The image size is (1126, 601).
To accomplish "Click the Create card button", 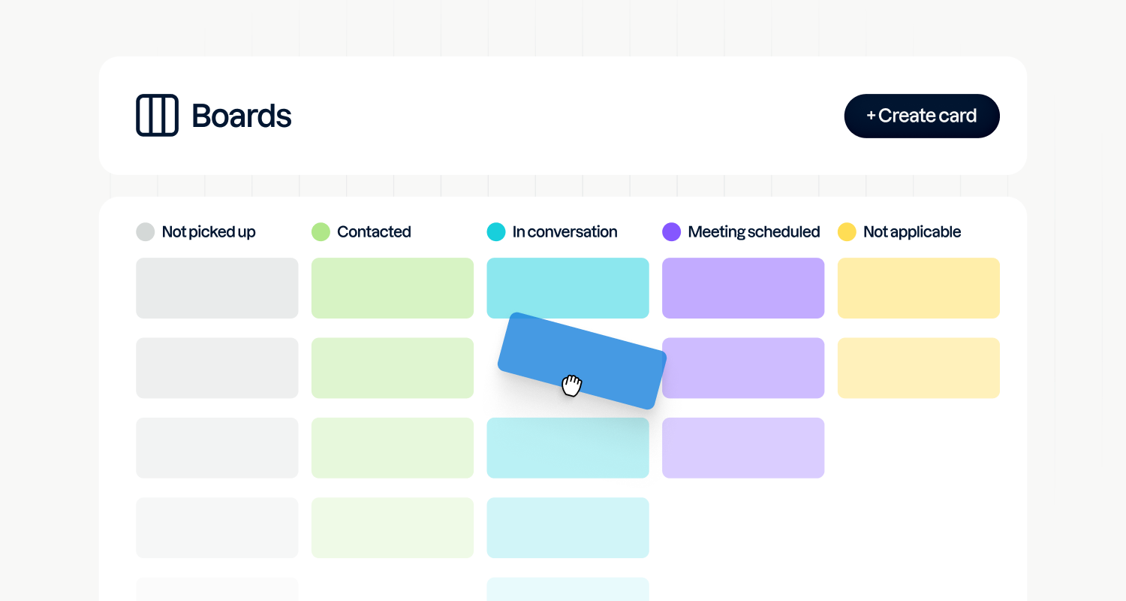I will tap(922, 116).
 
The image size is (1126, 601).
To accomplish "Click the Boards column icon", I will tap(157, 115).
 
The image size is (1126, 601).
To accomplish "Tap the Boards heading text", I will tap(242, 116).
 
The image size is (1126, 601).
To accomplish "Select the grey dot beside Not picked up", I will tap(145, 231).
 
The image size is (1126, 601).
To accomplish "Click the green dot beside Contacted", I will tap(321, 231).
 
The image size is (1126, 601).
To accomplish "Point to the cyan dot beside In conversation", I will tap(496, 231).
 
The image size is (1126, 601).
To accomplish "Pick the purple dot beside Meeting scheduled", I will tap(671, 231).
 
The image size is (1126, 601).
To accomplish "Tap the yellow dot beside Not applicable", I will tap(847, 231).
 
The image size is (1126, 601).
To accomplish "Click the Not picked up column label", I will tap(209, 232).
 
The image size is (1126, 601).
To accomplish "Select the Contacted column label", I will tap(374, 232).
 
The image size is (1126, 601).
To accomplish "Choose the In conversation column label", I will tap(565, 232).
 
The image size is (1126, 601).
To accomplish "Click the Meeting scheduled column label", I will tap(754, 232).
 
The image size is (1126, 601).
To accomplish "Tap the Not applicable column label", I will tap(912, 232).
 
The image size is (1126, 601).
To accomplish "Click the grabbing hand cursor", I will tap(572, 385).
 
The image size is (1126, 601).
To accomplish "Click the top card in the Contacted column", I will tap(393, 288).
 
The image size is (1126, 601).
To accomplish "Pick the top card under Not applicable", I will tap(919, 288).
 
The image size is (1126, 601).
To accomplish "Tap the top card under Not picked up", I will tap(217, 288).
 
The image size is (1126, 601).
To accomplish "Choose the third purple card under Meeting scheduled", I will tap(743, 448).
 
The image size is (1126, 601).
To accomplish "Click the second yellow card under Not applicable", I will tap(919, 368).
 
